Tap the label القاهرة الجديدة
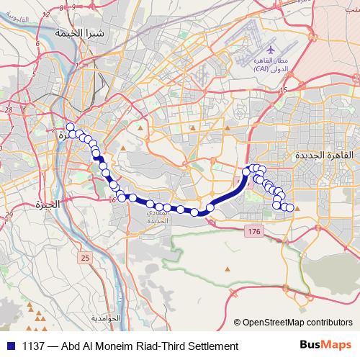click(x=324, y=155)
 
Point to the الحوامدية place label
click(x=107, y=318)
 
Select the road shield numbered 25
click(x=86, y=257)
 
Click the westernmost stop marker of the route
click(x=70, y=127)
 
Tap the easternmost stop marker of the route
click(x=290, y=207)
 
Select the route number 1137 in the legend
click(x=33, y=346)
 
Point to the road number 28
click(x=8, y=110)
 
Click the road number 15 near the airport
click(x=284, y=90)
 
